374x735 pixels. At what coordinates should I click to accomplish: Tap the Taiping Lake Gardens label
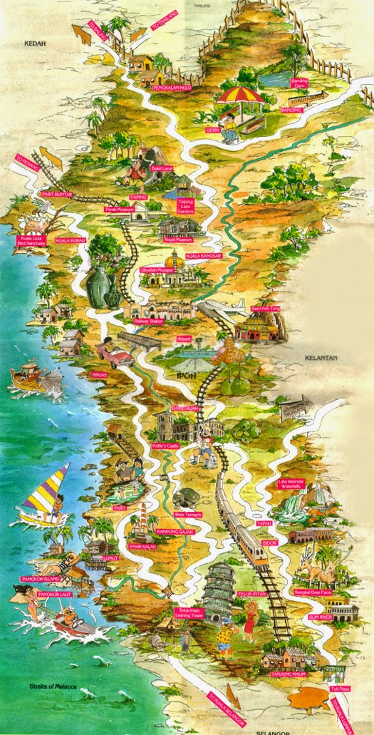click(185, 206)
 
